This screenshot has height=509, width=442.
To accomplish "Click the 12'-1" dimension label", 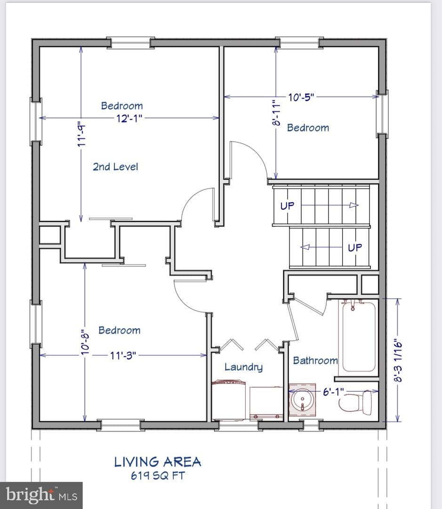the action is point(129,118).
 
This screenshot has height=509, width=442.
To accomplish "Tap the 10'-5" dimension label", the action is point(301,97).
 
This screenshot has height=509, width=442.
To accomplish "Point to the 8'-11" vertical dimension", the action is point(276,113).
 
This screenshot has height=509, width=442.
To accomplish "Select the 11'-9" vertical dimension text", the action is point(81,134).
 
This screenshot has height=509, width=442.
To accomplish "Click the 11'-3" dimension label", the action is point(122,355).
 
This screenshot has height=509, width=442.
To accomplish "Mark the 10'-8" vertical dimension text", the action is point(85,341).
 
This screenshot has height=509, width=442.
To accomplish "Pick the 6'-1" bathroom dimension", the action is point(333,392).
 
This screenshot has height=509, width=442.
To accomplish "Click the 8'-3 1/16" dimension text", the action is point(398,361).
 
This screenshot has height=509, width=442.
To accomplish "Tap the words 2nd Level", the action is point(115,167).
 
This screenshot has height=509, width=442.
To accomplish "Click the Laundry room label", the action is point(243,367).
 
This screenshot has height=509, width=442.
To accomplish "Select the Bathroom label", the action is point(315,361).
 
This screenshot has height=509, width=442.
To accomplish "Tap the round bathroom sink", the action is point(302,400).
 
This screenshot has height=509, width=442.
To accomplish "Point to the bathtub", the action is point(358,337).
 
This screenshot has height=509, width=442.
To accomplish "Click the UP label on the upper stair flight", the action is point(287,206).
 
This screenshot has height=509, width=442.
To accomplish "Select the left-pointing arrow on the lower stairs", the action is point(321,247).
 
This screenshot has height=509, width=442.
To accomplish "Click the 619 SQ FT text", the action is point(158,476).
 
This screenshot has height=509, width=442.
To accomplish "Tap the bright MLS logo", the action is point(41,495).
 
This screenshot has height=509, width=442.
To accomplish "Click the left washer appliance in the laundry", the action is point(228,400).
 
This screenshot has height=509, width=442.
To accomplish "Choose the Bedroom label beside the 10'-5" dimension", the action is point(308,128).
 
